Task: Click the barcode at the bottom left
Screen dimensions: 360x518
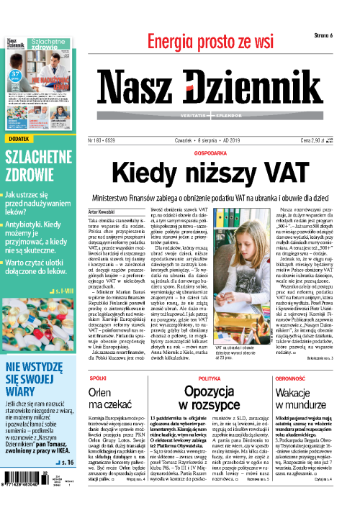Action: tap(29, 497)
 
